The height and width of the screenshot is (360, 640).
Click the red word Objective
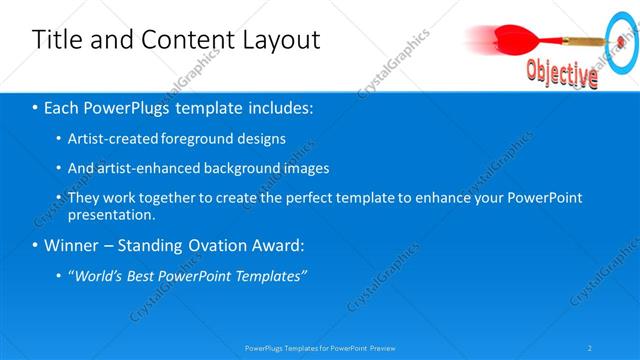point(562,71)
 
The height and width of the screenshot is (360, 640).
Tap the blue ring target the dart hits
point(621,44)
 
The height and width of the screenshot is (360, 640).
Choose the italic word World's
point(101,276)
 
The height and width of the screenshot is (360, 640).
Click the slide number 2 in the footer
point(590,348)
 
